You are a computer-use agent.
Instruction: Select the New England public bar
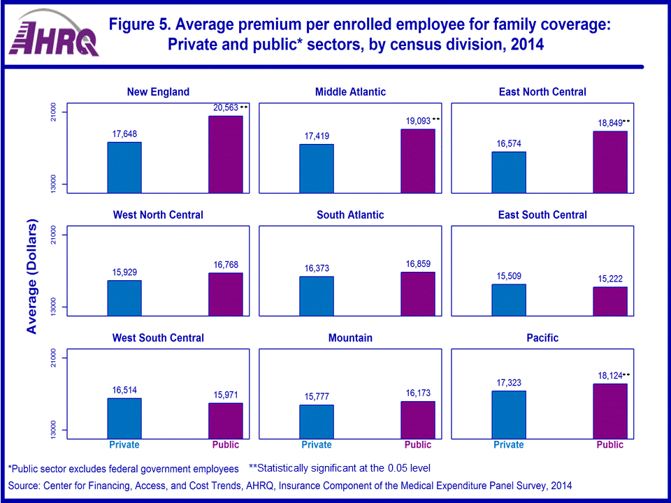click(226, 154)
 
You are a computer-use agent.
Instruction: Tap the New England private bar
click(124, 167)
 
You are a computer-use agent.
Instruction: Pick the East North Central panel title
click(542, 92)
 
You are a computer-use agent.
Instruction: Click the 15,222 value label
click(610, 278)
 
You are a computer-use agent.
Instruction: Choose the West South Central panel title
click(158, 338)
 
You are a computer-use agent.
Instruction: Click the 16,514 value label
click(124, 390)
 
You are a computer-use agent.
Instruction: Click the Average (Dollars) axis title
click(32, 277)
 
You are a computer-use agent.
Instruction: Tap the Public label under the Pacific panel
click(610, 445)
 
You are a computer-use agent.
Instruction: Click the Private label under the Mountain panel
click(317, 445)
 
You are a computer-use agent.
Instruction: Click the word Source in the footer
click(24, 486)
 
